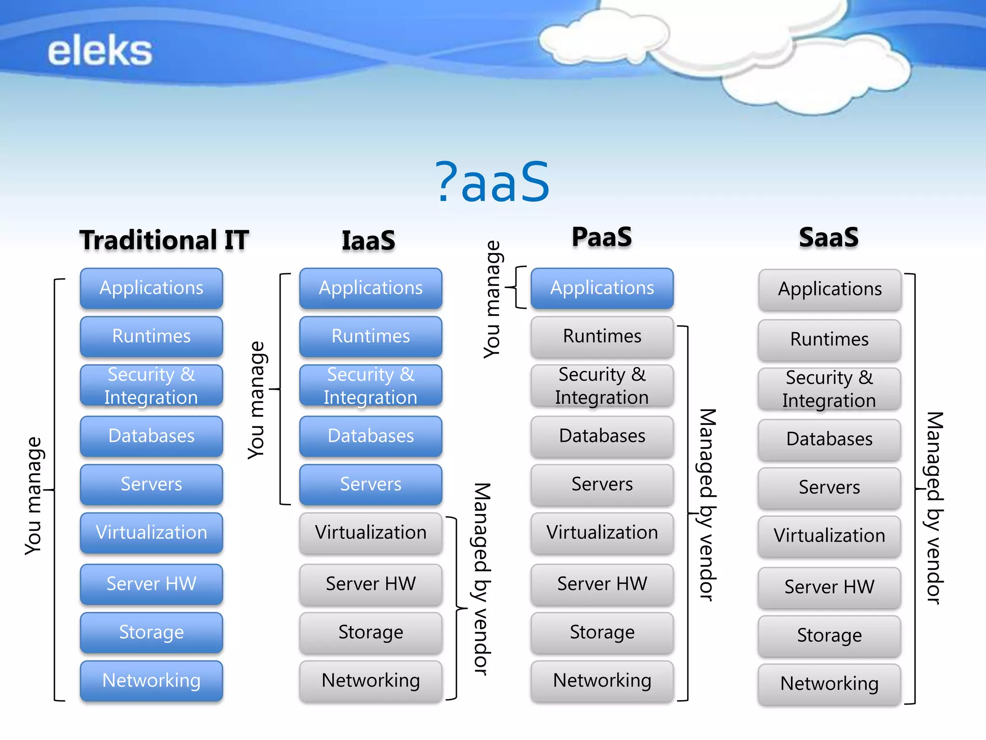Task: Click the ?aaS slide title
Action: (492, 182)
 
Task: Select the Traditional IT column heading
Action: (164, 240)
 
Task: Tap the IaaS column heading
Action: (368, 240)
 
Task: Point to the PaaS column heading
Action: (602, 237)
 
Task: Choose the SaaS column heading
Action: (829, 237)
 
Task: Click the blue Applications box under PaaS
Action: (602, 288)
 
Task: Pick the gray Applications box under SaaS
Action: (830, 290)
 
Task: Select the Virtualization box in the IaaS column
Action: (370, 532)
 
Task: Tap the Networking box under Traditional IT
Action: (151, 680)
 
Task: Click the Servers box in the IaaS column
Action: (370, 484)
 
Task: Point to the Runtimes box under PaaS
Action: (602, 336)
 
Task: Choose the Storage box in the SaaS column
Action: (829, 635)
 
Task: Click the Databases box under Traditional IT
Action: (151, 436)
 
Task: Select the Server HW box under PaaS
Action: (602, 584)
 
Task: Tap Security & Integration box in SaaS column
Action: (829, 389)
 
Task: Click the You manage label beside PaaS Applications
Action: (492, 300)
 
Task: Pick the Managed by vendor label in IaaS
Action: (481, 579)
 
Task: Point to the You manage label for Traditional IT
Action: (34, 496)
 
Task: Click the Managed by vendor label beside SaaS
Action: (934, 508)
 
